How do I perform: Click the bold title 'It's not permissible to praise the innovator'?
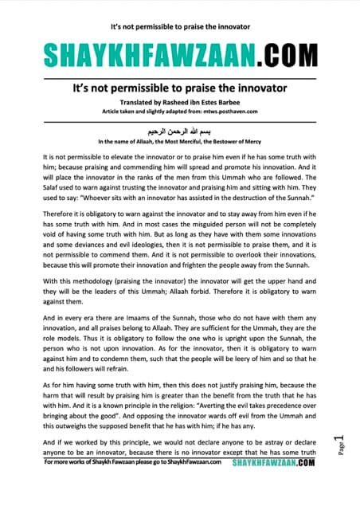click(179, 89)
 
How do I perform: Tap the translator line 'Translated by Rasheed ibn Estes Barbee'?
click(179, 104)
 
